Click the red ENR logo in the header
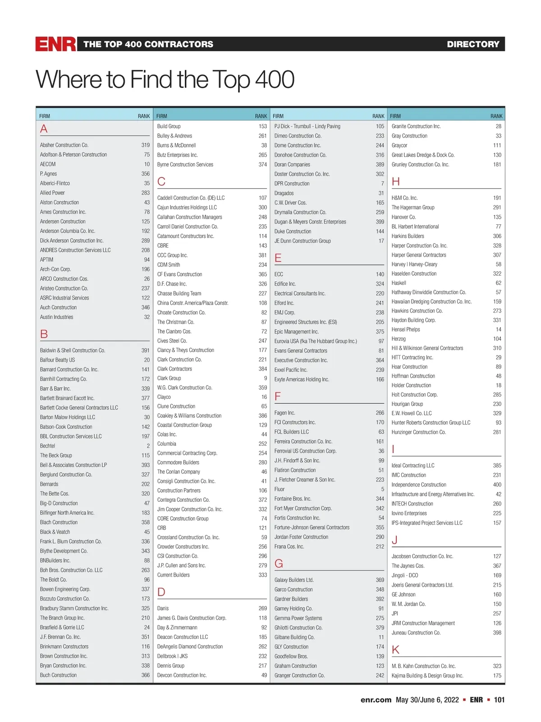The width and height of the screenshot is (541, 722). [x=56, y=44]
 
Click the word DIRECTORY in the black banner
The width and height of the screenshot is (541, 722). [x=473, y=44]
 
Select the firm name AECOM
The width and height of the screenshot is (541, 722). [x=48, y=164]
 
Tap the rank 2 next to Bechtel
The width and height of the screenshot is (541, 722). [x=148, y=446]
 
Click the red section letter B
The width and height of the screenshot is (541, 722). [x=44, y=334]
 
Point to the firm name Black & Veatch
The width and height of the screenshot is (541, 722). [x=55, y=532]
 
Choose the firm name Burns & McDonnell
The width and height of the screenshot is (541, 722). [x=176, y=145]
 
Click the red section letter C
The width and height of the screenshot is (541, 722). [x=161, y=181]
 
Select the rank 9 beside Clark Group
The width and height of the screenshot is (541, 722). [x=265, y=378]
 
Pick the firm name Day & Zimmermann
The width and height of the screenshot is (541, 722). [x=177, y=628]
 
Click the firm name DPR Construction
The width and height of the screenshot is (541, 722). [x=292, y=184]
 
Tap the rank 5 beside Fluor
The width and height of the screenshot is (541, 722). [x=382, y=489]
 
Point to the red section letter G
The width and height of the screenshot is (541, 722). [x=279, y=564]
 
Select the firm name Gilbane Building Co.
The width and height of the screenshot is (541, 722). [x=294, y=637]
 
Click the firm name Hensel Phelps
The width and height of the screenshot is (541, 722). [x=406, y=329]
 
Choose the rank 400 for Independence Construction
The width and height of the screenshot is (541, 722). [x=497, y=485]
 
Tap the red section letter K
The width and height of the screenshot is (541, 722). [x=395, y=650]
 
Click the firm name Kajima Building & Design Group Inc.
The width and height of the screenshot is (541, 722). [x=427, y=676]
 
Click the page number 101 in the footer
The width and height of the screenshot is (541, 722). [x=499, y=700]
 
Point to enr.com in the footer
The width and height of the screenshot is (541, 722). [x=376, y=700]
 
